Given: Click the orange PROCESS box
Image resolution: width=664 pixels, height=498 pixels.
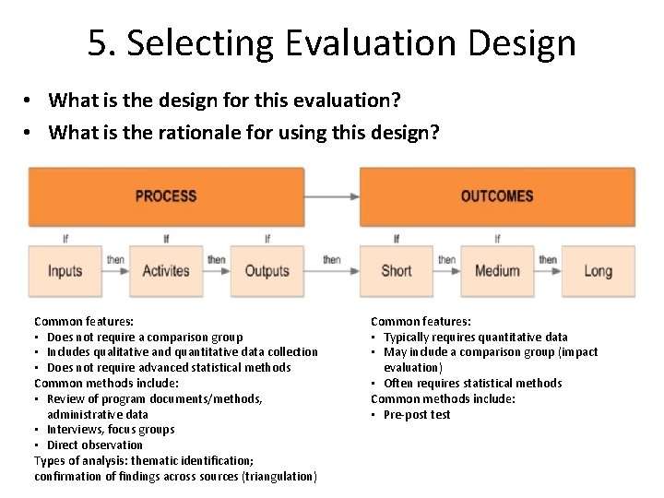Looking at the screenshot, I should [x=166, y=196].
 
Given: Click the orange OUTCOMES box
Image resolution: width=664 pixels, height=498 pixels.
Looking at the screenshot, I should [x=497, y=196].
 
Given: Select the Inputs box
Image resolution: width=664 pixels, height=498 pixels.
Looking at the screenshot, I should [x=65, y=271].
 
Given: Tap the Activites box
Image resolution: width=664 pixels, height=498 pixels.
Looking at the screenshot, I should [x=166, y=271].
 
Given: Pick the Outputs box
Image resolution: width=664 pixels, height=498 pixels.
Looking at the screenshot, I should [x=267, y=271].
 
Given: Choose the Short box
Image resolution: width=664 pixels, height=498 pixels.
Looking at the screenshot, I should [x=396, y=271].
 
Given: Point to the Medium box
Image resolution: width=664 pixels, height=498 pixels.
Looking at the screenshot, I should [x=497, y=271].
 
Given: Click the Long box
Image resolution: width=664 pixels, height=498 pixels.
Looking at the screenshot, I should [x=598, y=271].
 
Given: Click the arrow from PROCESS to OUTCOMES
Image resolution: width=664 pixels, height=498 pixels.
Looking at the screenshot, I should [x=331, y=196].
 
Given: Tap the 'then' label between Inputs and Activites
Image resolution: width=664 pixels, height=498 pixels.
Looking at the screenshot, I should [x=115, y=260].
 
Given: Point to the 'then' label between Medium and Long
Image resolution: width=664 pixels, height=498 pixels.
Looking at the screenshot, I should [x=548, y=260].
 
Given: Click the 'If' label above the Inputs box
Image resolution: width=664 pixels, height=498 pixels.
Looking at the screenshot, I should [x=65, y=239].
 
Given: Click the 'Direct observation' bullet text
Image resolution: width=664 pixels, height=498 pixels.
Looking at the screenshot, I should [x=93, y=445].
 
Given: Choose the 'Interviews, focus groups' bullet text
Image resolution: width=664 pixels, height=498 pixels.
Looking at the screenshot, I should [x=110, y=429].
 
